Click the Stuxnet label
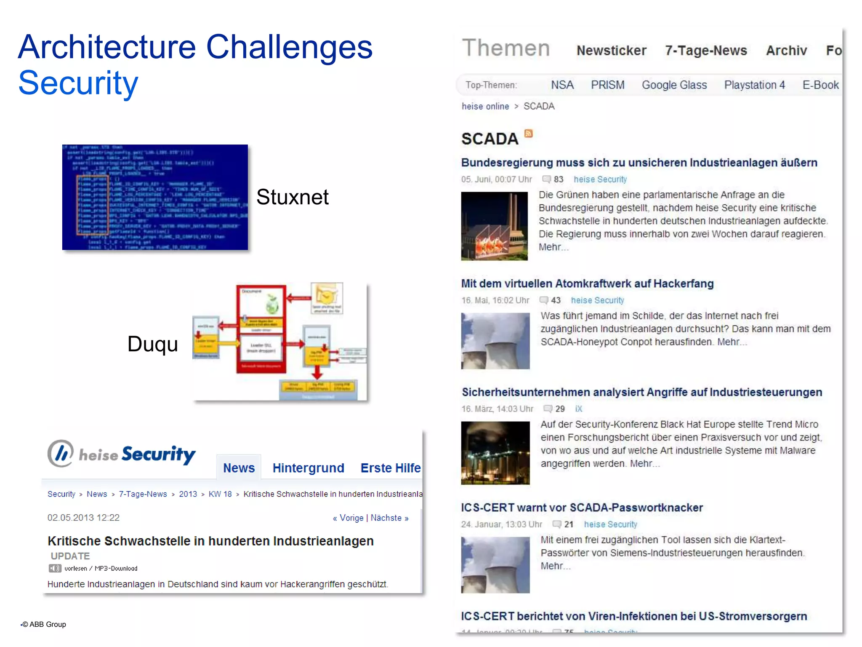pyautogui.click(x=292, y=197)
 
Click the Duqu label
pyautogui.click(x=152, y=344)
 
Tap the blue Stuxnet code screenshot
pyautogui.click(x=155, y=197)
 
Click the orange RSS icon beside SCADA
pyautogui.click(x=528, y=134)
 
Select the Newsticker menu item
pyautogui.click(x=611, y=51)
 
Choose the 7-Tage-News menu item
pyautogui.click(x=706, y=51)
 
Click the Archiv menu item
pyautogui.click(x=786, y=51)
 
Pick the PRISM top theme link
pyautogui.click(x=607, y=85)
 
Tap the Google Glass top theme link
pyautogui.click(x=674, y=85)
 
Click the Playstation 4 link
pyautogui.click(x=754, y=85)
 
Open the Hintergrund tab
pyautogui.click(x=308, y=468)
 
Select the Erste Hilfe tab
pyautogui.click(x=390, y=468)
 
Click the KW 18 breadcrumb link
pyautogui.click(x=220, y=494)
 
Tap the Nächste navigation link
pyautogui.click(x=389, y=518)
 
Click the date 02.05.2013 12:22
pyautogui.click(x=83, y=518)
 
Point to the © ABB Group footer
pyautogui.click(x=44, y=624)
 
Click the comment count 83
pyautogui.click(x=558, y=179)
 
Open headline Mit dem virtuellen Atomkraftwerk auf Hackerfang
pyautogui.click(x=587, y=283)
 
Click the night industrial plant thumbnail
pyautogui.click(x=495, y=453)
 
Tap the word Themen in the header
pyautogui.click(x=506, y=48)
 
